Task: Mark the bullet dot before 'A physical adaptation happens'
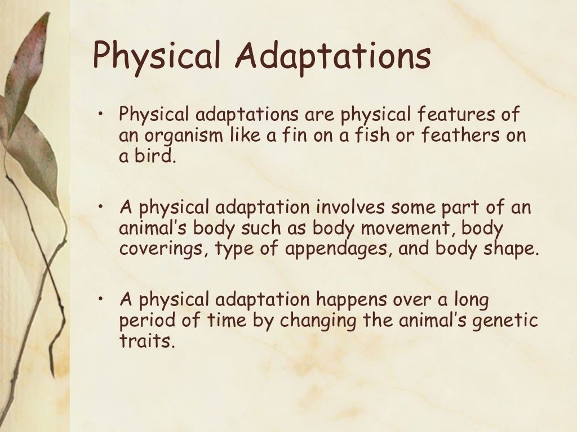(x=101, y=299)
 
